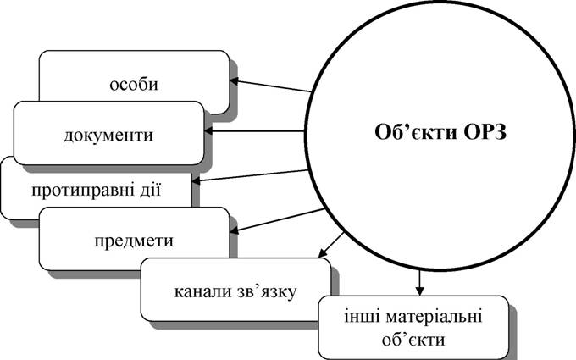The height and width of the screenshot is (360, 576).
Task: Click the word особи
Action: pyautogui.click(x=134, y=84)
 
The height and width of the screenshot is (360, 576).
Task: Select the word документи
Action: pyautogui.click(x=108, y=136)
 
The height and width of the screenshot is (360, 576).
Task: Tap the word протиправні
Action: pyautogui.click(x=86, y=191)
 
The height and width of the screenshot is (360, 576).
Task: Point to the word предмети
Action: pyautogui.click(x=134, y=241)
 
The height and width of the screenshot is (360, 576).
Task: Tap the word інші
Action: pyautogui.click(x=360, y=317)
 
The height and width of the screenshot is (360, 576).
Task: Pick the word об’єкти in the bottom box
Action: pyautogui.click(x=413, y=340)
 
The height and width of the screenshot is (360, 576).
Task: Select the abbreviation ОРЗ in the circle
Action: pyautogui.click(x=485, y=132)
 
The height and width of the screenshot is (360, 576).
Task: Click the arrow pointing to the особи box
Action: pyautogui.click(x=270, y=86)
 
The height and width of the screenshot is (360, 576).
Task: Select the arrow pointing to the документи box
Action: pyautogui.click(x=254, y=130)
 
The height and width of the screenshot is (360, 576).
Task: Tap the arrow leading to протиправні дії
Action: pyautogui.click(x=250, y=175)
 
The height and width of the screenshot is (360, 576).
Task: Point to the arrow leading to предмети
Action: pyautogui.click(x=277, y=220)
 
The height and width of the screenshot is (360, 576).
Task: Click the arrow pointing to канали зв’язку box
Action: pyautogui.click(x=331, y=245)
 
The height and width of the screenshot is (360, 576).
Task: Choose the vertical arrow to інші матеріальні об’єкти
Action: pyautogui.click(x=419, y=283)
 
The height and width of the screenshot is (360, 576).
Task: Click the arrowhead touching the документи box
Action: pyautogui.click(x=208, y=130)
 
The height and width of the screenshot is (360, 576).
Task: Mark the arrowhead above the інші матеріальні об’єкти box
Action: pyautogui.click(x=419, y=291)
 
